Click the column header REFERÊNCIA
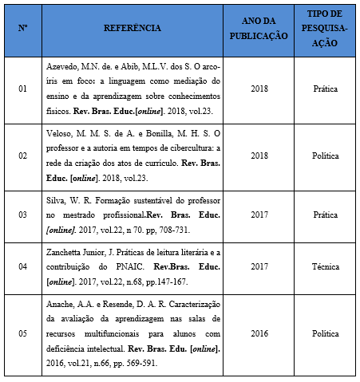point(133,28)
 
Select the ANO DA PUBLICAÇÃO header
point(259,28)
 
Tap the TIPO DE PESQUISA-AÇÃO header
point(325,28)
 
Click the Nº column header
point(23,28)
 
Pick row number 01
point(23,88)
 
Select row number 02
point(23,156)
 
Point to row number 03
point(23,215)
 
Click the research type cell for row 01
point(325,88)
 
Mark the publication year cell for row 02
point(259,156)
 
